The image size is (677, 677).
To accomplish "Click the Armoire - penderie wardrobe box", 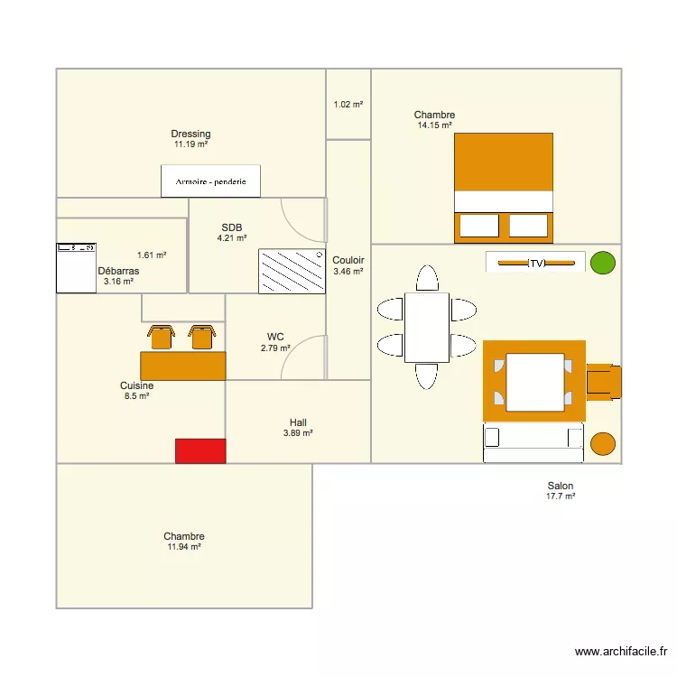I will (210, 181).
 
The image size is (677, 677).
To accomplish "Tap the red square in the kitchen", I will (199, 451).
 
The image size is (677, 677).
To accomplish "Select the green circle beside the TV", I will (602, 263).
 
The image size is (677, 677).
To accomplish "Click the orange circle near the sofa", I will (603, 443).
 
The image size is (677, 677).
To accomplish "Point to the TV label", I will (537, 264).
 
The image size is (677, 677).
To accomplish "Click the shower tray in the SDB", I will (292, 271).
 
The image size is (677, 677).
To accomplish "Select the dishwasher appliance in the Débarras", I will (76, 268).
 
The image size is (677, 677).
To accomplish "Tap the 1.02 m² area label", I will (348, 105).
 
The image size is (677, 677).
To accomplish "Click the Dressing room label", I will (190, 134).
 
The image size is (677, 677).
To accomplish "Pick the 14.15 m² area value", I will (434, 125).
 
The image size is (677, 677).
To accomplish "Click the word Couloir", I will (348, 260).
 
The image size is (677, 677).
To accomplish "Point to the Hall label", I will (298, 422).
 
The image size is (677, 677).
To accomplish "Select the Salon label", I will (560, 486).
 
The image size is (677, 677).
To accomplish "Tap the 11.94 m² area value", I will (183, 547).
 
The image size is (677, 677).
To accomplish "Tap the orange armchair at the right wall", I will (604, 381).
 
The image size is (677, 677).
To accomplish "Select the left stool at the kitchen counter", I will (162, 337).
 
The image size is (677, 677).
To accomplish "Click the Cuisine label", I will (136, 385).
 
